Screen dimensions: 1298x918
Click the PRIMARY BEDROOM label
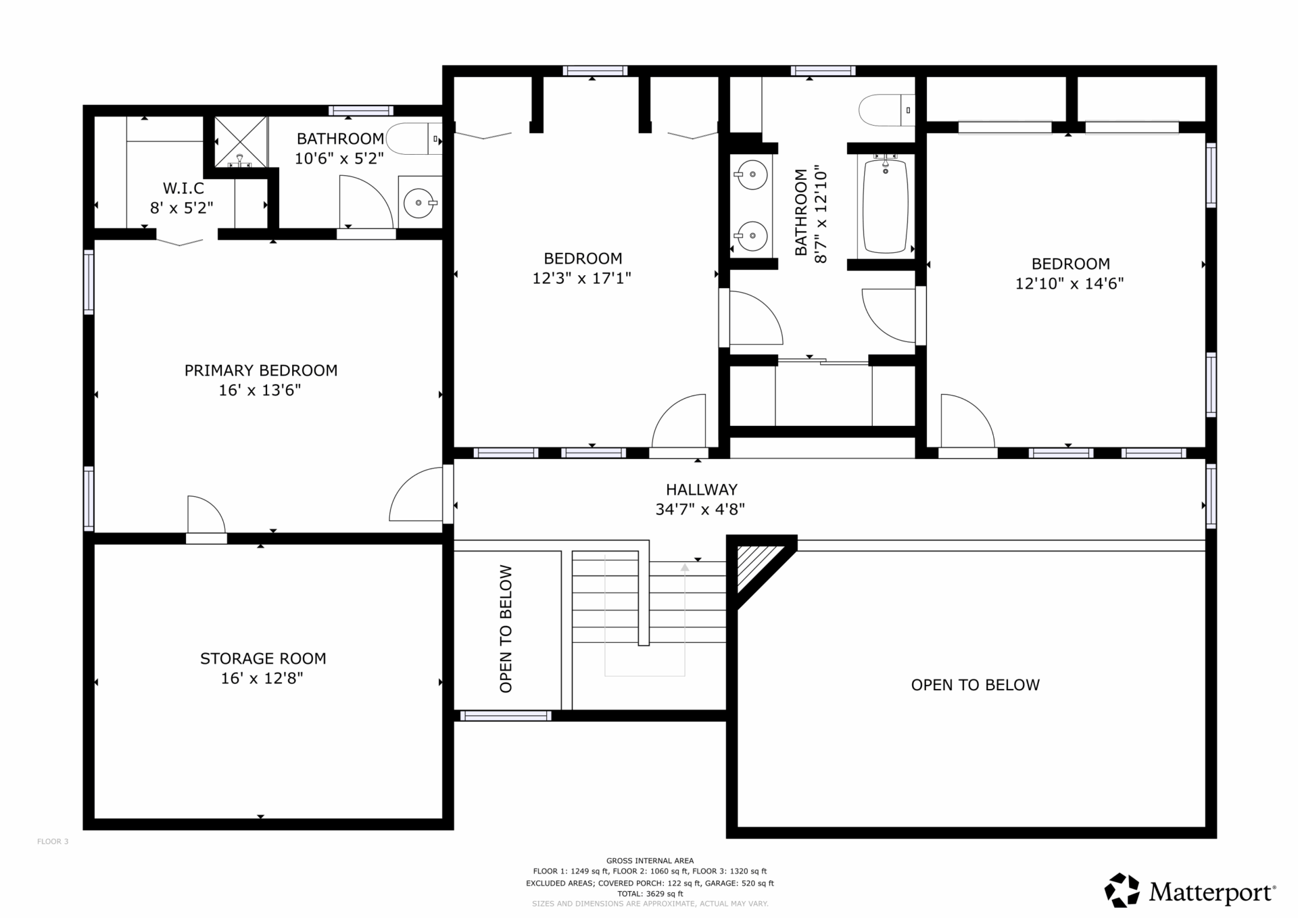(x=261, y=370)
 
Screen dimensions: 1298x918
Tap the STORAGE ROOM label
(x=263, y=658)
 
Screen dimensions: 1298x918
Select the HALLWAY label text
(x=702, y=489)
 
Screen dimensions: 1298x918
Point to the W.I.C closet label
(x=183, y=188)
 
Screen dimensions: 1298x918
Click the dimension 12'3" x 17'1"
(x=582, y=278)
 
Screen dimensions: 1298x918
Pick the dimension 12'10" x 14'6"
(x=1069, y=283)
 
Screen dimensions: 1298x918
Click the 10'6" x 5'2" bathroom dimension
(x=339, y=158)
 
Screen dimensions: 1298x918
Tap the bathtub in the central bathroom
(x=885, y=206)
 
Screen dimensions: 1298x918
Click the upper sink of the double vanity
(x=751, y=176)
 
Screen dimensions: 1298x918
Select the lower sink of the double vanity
(x=751, y=236)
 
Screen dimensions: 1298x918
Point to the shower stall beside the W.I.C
(x=241, y=142)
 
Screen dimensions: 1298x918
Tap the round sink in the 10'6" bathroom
(x=419, y=202)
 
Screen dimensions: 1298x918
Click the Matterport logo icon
(x=1122, y=890)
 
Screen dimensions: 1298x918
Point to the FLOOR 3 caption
(x=53, y=842)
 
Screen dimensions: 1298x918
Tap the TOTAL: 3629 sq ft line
(x=650, y=894)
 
